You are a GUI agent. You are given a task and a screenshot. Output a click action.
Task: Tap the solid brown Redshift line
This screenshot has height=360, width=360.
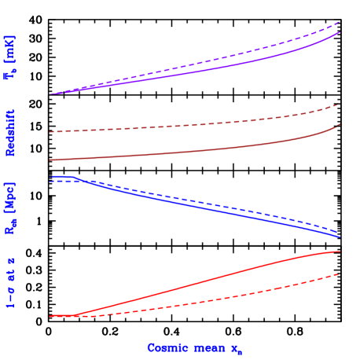197,152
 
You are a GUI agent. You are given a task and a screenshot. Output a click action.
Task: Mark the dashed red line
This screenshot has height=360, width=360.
197,303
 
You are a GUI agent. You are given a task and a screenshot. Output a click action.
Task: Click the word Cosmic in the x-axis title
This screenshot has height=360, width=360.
166,347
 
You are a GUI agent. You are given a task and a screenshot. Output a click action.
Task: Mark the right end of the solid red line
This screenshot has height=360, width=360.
339,252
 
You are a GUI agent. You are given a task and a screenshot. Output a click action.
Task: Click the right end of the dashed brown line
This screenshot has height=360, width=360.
338,105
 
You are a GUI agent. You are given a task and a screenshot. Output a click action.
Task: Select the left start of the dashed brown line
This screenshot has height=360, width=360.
50,132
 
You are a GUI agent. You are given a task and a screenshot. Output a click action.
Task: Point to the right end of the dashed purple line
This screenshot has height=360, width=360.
339,22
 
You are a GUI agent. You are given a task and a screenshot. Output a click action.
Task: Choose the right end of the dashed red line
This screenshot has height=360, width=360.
339,274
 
